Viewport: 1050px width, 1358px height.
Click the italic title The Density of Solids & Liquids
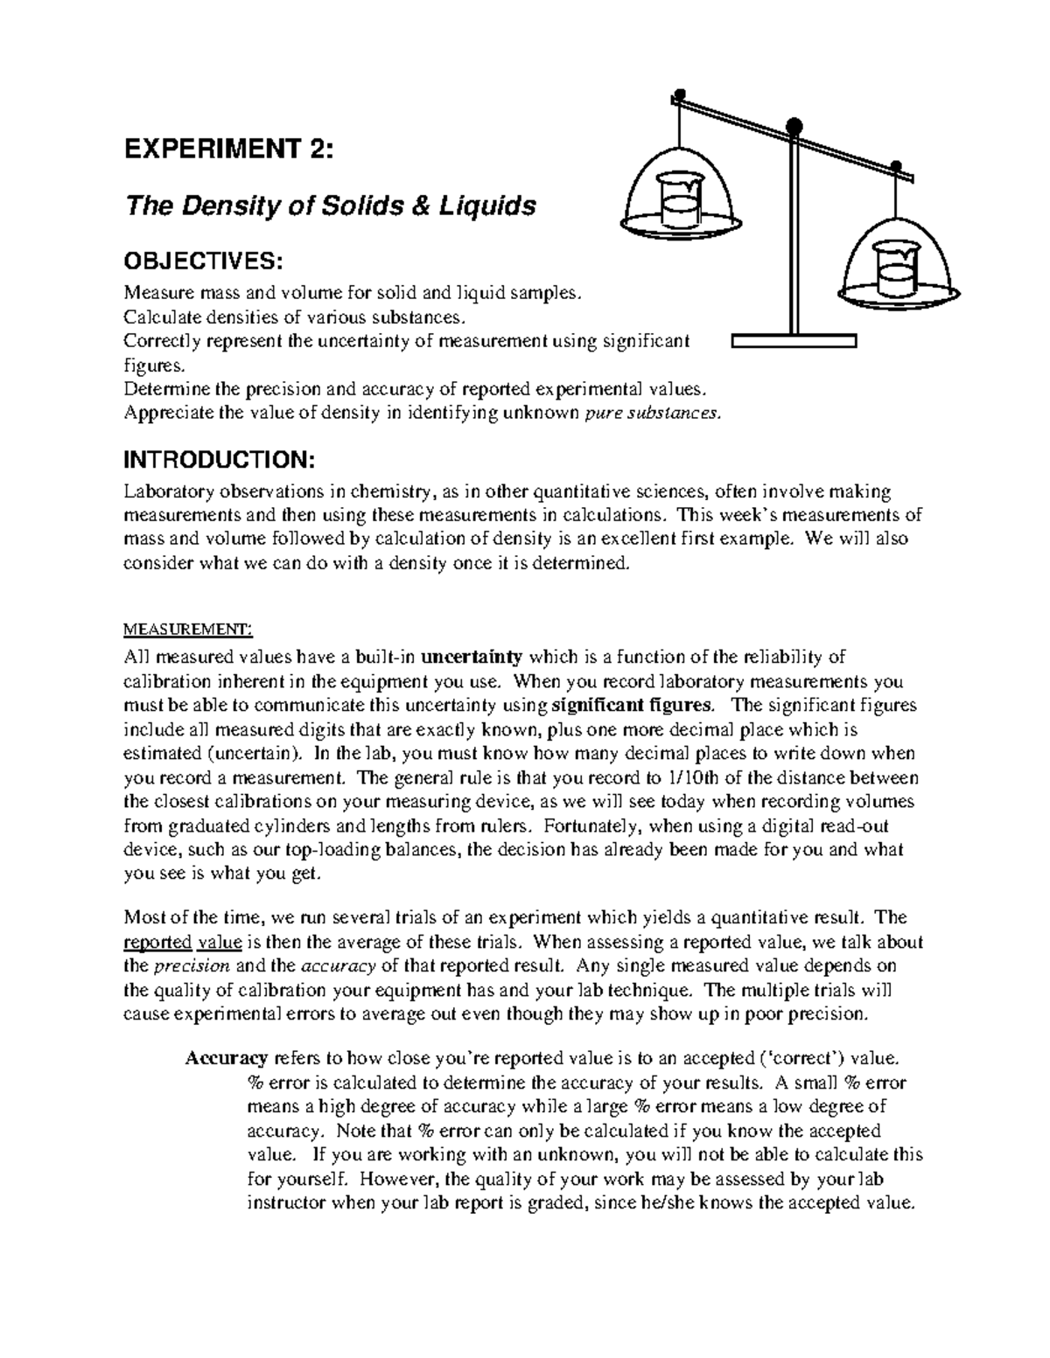330,206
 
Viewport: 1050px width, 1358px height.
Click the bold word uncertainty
472,657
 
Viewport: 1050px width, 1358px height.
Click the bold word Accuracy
226,1058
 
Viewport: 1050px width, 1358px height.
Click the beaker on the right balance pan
894,270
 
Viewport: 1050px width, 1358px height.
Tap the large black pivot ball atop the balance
794,126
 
